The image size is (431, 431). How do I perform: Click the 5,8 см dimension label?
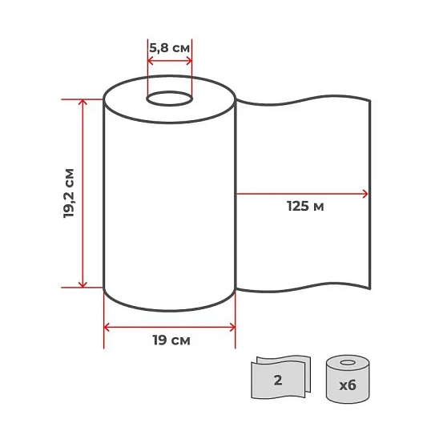pos(169,48)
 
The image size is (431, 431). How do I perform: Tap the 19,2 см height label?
pos(69,193)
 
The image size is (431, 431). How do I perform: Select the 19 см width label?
pos(171,340)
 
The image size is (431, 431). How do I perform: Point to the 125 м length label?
pos(305,206)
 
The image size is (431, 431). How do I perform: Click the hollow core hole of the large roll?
pos(169,99)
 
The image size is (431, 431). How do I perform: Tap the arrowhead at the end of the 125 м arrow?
pos(365,194)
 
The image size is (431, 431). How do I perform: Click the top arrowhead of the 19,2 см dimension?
pos(83,102)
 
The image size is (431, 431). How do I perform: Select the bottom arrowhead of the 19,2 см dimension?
pos(83,284)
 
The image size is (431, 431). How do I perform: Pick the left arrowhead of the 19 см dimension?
pos(107,328)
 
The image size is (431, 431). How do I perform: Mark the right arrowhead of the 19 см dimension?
pos(232,328)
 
